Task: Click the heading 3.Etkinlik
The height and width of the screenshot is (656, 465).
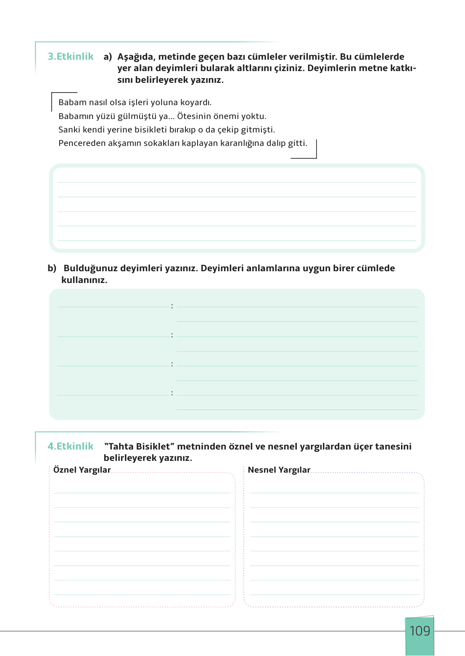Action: point(71,56)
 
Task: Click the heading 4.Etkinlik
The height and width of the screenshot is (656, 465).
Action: point(71,446)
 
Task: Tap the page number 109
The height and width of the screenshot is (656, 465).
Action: point(420,631)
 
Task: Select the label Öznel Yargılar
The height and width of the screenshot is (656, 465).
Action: point(82,470)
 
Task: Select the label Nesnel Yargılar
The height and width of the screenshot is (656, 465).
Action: point(279,470)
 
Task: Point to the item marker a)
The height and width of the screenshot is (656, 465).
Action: point(108,57)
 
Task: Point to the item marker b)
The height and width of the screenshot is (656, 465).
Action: point(52,268)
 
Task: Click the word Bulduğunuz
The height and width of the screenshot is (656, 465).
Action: point(90,268)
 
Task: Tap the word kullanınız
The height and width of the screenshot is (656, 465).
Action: point(84,280)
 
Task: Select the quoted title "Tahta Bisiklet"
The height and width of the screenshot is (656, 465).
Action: point(139,446)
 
